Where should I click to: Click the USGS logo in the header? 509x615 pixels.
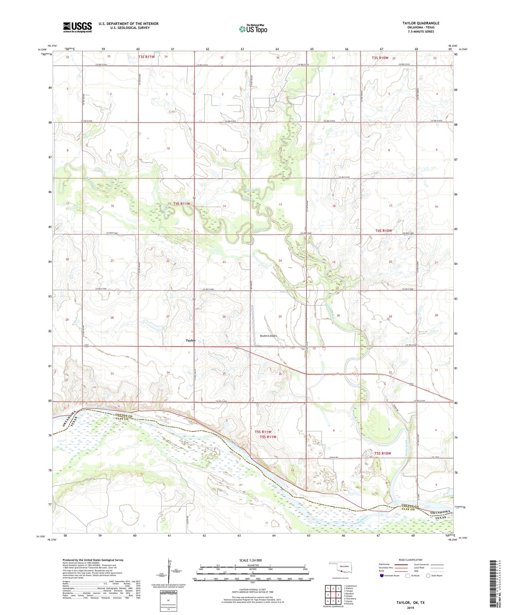coord(77,27)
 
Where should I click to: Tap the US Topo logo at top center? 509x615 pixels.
coord(253,29)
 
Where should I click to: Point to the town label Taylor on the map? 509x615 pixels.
coord(190,340)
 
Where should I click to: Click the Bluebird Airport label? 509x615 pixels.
coord(268,336)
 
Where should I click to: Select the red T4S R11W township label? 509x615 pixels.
coord(182,204)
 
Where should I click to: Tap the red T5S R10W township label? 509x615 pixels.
coord(383,453)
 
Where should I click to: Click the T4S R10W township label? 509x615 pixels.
coord(383,231)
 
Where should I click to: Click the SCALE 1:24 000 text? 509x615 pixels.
coord(252,560)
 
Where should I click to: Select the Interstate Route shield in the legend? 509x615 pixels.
coord(382,576)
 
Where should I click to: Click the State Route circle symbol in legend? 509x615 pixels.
coord(428,575)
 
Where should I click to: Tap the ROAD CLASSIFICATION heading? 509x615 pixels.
coord(411,560)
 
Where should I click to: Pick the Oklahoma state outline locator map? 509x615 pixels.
coord(341,568)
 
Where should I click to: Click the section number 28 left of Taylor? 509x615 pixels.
coord(112,318)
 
